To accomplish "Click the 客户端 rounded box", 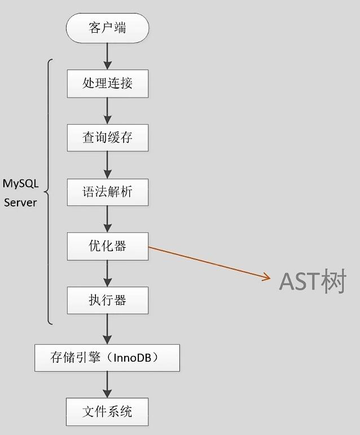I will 107,28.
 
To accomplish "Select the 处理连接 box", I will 107,84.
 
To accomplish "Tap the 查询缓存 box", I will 107,137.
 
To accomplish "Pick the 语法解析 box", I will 107,192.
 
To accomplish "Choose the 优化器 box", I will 107,246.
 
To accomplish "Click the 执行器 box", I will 107,300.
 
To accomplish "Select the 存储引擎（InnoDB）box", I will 107,358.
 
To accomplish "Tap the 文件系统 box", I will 107,411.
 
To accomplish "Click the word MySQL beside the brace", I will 20,184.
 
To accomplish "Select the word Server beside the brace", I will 20,202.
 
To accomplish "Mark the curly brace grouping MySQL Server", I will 49,192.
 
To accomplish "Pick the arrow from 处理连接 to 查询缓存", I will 107,111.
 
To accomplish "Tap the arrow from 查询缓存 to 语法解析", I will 107,165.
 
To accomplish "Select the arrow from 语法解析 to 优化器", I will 107,219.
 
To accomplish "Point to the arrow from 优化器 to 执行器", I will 107,273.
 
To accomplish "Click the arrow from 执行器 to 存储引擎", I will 107,329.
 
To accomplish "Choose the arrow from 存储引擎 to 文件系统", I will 107,385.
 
